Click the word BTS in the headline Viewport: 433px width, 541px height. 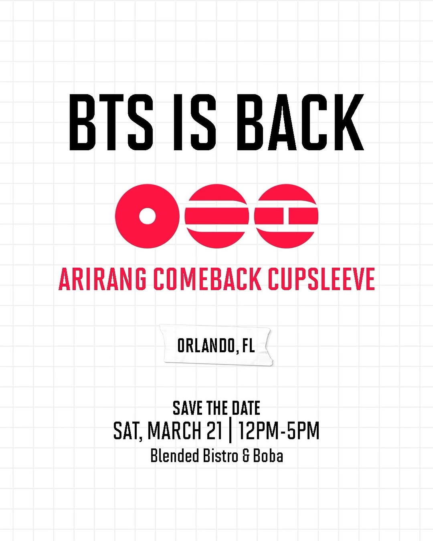point(111,122)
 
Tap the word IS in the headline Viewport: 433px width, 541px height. point(194,122)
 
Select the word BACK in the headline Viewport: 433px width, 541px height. point(300,122)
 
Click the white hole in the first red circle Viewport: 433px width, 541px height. point(147,216)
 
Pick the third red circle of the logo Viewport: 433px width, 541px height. point(286,216)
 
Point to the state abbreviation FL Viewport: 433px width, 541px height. point(249,345)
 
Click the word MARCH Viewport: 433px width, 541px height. point(174,431)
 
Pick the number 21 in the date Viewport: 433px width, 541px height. point(214,431)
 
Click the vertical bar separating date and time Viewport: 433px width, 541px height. point(230,431)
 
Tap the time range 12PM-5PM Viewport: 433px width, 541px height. point(279,431)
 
